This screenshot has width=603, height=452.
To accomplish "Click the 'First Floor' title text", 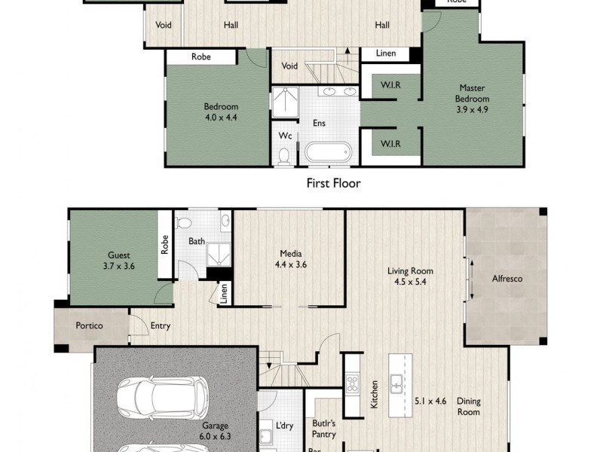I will click(x=333, y=182).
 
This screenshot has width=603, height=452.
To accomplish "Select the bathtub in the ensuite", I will click(x=328, y=152).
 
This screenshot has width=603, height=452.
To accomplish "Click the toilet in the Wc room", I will click(x=284, y=156).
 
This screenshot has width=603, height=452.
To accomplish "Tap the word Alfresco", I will click(x=507, y=279).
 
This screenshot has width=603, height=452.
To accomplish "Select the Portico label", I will click(x=88, y=326).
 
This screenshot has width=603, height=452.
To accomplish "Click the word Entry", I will click(x=161, y=326).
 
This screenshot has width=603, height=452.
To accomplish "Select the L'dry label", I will click(x=284, y=426).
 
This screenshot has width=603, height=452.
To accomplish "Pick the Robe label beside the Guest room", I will click(x=164, y=245).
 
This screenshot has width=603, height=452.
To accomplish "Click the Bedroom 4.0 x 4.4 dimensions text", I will click(x=220, y=117).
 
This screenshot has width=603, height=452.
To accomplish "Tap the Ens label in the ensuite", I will click(x=319, y=123).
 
